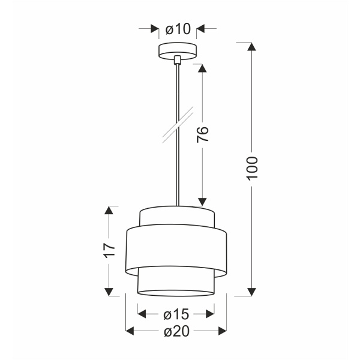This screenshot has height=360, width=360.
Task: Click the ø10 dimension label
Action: [x=177, y=28]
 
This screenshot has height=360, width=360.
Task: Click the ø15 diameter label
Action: [x=176, y=313]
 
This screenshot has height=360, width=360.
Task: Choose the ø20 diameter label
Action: [x=176, y=331]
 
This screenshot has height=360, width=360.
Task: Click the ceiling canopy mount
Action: [x=177, y=51]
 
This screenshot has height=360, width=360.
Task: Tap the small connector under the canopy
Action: [x=177, y=60]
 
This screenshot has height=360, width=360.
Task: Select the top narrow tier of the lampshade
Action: [x=176, y=214]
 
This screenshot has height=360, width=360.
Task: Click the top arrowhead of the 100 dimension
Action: [x=253, y=47]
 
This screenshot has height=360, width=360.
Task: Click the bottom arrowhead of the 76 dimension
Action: [x=203, y=202]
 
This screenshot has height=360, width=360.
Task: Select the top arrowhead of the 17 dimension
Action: [x=109, y=209]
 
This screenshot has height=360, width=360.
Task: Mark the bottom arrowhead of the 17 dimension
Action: [x=109, y=292]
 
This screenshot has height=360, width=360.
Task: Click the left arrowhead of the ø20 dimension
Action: [x=130, y=331]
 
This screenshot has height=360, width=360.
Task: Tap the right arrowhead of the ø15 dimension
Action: [x=211, y=313]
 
